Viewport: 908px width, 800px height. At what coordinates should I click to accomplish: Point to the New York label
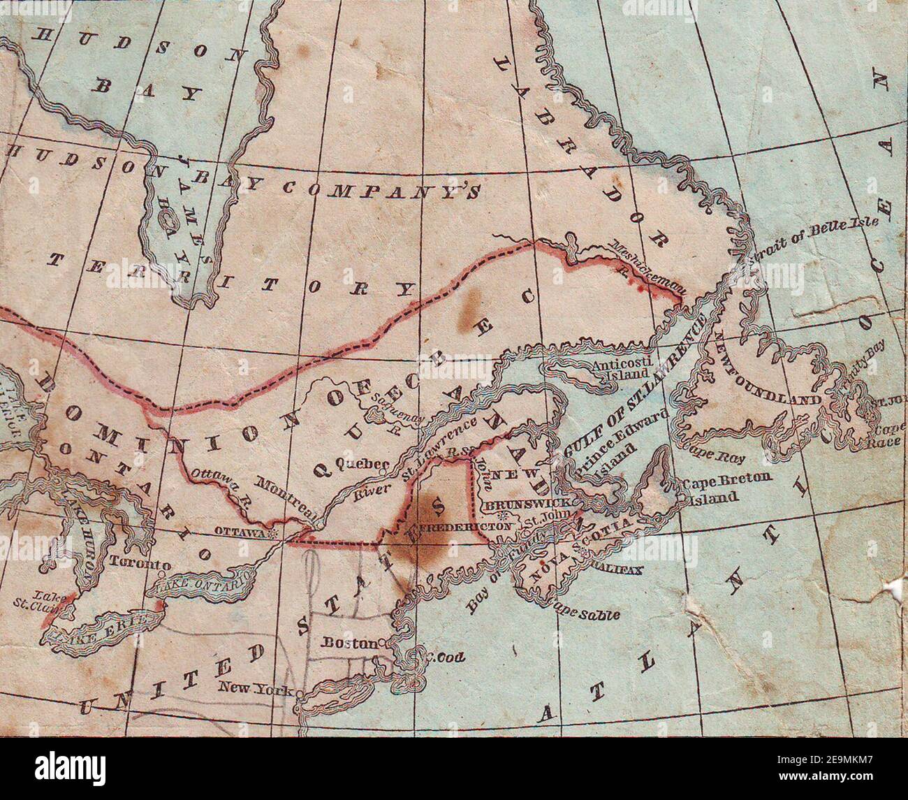click(x=256, y=688)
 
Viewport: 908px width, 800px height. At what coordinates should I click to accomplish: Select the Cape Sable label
click(x=587, y=613)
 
